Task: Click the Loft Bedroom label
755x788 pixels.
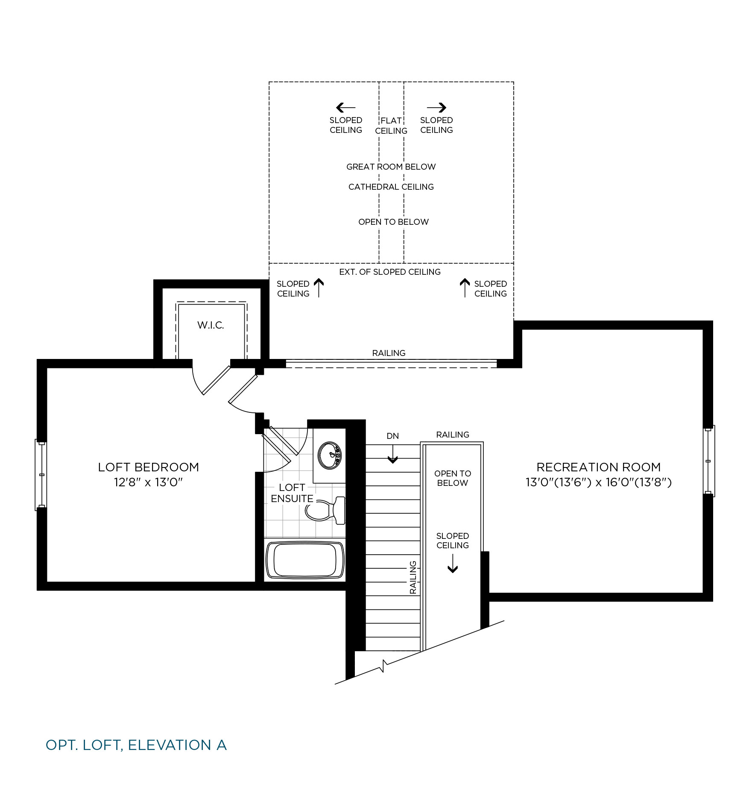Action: pos(149,467)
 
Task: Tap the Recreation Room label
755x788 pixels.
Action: pos(599,467)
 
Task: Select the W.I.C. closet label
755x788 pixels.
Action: pos(211,325)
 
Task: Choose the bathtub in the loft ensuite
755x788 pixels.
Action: pos(305,560)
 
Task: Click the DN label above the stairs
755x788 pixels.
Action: pos(393,436)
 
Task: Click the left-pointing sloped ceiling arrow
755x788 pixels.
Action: pos(346,107)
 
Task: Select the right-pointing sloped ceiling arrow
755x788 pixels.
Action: pos(436,107)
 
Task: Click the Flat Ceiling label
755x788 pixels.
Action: pos(391,126)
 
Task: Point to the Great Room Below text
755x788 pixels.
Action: pos(391,167)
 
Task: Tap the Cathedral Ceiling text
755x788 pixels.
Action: pos(391,187)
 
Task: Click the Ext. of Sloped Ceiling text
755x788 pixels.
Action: pos(390,272)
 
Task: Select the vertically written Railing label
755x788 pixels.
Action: pos(413,577)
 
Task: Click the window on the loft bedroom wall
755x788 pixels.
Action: pos(41,475)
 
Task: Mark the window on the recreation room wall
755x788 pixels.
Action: pos(709,461)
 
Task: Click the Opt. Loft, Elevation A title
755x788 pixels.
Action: pos(136,745)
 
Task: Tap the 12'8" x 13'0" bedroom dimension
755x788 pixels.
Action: pos(148,482)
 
